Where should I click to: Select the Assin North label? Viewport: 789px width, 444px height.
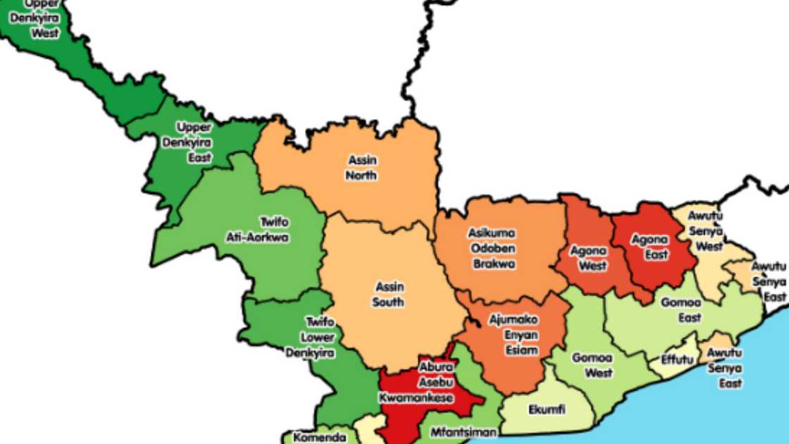[361, 168]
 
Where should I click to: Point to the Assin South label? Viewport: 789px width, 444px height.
[389, 295]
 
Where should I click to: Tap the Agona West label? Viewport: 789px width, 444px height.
[583, 259]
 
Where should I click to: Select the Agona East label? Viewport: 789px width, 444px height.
[650, 247]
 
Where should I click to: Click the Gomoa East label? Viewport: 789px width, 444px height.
[680, 310]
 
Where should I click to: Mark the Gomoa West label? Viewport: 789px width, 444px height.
[592, 365]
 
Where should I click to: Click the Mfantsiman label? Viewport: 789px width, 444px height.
[463, 432]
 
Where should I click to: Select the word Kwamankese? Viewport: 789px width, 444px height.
[416, 398]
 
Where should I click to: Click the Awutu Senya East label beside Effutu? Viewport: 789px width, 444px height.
[725, 368]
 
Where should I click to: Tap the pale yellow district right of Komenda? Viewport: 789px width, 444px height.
[366, 431]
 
